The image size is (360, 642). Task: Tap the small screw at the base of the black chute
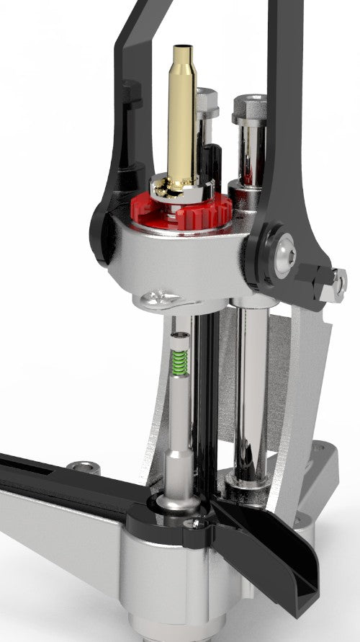coord(193,524)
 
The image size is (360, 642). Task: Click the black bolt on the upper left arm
coord(131,94)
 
